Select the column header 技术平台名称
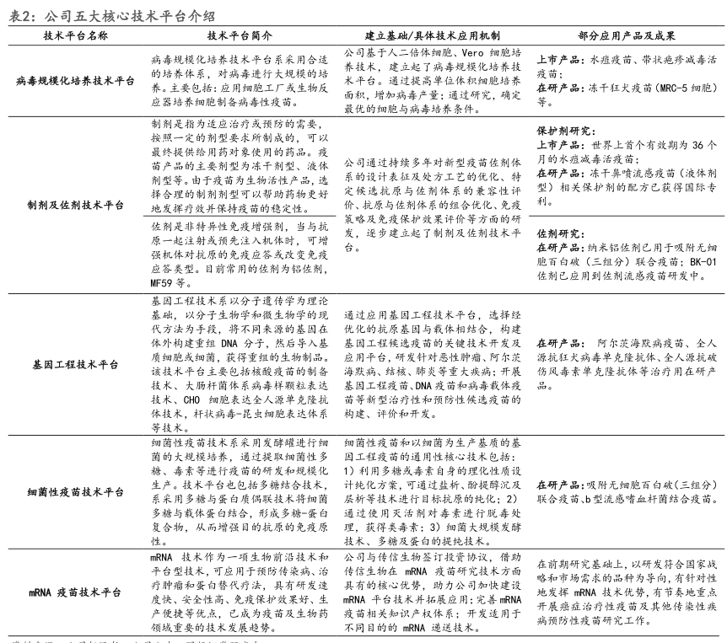[75, 37]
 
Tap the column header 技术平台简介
[240, 37]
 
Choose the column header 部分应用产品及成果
[626, 37]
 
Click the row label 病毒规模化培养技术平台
[75, 81]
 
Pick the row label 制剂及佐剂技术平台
[75, 205]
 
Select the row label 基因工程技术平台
[75, 363]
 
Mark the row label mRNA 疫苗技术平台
[75, 592]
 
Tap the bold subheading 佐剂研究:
[559, 233]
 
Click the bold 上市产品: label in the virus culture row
[559, 62]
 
